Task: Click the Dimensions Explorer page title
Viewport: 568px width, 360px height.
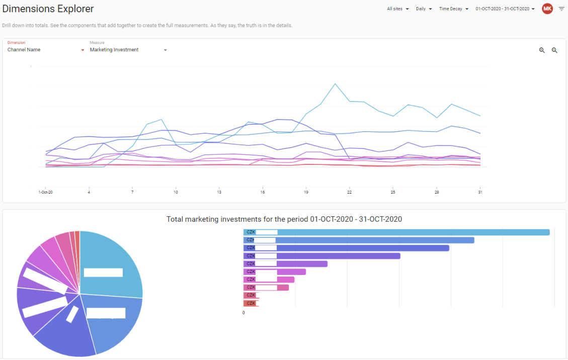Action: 48,9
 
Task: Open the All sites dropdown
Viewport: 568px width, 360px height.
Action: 398,9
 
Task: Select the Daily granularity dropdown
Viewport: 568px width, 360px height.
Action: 424,9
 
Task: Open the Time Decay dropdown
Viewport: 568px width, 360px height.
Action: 453,9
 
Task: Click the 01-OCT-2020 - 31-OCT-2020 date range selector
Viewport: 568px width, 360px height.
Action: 505,9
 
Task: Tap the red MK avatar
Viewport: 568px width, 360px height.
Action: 547,9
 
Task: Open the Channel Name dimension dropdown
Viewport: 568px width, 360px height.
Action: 46,50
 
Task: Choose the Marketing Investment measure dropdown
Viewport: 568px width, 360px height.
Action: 128,50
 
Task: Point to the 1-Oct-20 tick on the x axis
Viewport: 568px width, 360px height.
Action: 46,192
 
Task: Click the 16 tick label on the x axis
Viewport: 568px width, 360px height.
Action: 262,192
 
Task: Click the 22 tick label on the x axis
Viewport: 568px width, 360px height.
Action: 349,192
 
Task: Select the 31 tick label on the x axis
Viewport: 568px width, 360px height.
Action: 480,192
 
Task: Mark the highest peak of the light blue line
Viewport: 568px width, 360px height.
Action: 335,84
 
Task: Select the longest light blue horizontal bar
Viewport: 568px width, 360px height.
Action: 396,232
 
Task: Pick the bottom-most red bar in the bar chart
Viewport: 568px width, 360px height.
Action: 251,304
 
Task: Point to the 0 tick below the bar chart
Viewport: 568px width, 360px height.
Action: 244,313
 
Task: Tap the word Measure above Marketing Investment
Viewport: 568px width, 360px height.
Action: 97,42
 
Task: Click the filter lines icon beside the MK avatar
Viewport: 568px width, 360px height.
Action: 561,9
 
